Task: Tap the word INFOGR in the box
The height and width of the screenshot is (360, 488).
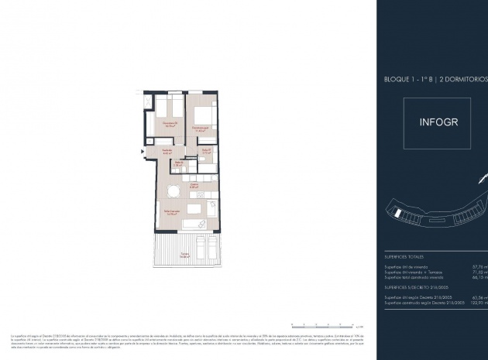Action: [x=438, y=122]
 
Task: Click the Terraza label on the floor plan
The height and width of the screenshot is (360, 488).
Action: [x=185, y=255]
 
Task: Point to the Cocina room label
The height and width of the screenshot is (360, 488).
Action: [x=196, y=186]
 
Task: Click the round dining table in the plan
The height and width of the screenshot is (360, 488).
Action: [x=174, y=190]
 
